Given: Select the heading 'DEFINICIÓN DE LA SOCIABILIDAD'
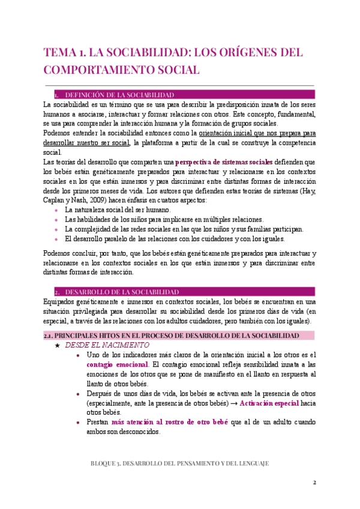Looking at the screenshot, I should (x=119, y=95).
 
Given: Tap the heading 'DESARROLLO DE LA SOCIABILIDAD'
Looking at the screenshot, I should (x=121, y=291).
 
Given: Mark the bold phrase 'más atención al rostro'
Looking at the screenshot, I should (x=147, y=422).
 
